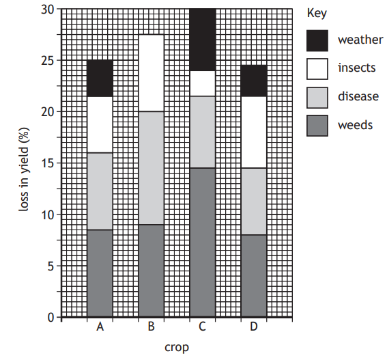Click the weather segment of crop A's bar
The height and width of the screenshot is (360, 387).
pyautogui.click(x=100, y=78)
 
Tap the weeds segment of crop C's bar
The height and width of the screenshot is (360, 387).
pyautogui.click(x=202, y=243)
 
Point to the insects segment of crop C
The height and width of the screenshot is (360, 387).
pyautogui.click(x=202, y=83)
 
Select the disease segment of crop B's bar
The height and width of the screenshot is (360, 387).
pyautogui.click(x=151, y=168)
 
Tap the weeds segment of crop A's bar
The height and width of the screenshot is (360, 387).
pyautogui.click(x=100, y=273)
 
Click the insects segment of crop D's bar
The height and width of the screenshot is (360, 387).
pyautogui.click(x=253, y=132)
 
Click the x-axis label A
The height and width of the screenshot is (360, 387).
pyautogui.click(x=100, y=327)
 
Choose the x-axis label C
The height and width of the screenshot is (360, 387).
pyautogui.click(x=202, y=327)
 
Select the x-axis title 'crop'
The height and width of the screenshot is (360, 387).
pyautogui.click(x=176, y=347)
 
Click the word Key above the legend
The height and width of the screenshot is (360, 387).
pyautogui.click(x=316, y=13)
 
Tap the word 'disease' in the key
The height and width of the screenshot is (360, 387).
pyautogui.click(x=358, y=96)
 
